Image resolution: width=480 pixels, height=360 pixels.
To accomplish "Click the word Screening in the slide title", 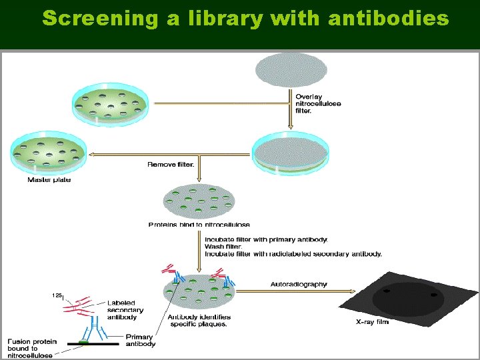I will tap(97, 19).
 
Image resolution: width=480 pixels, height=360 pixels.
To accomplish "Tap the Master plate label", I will tap(49, 180).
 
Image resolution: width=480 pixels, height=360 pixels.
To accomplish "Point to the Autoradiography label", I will tap(299, 284).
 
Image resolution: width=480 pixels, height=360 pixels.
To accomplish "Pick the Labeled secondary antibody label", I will tap(125, 310).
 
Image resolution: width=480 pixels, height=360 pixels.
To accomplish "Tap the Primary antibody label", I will tap(140, 340).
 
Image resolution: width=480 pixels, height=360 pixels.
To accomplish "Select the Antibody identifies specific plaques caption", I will tap(199, 320).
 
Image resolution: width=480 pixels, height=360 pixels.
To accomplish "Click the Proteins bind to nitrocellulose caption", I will tap(199, 225).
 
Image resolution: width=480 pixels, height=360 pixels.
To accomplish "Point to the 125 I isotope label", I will tap(57, 295).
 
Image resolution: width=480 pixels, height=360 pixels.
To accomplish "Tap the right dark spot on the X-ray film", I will tap(433, 294).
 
